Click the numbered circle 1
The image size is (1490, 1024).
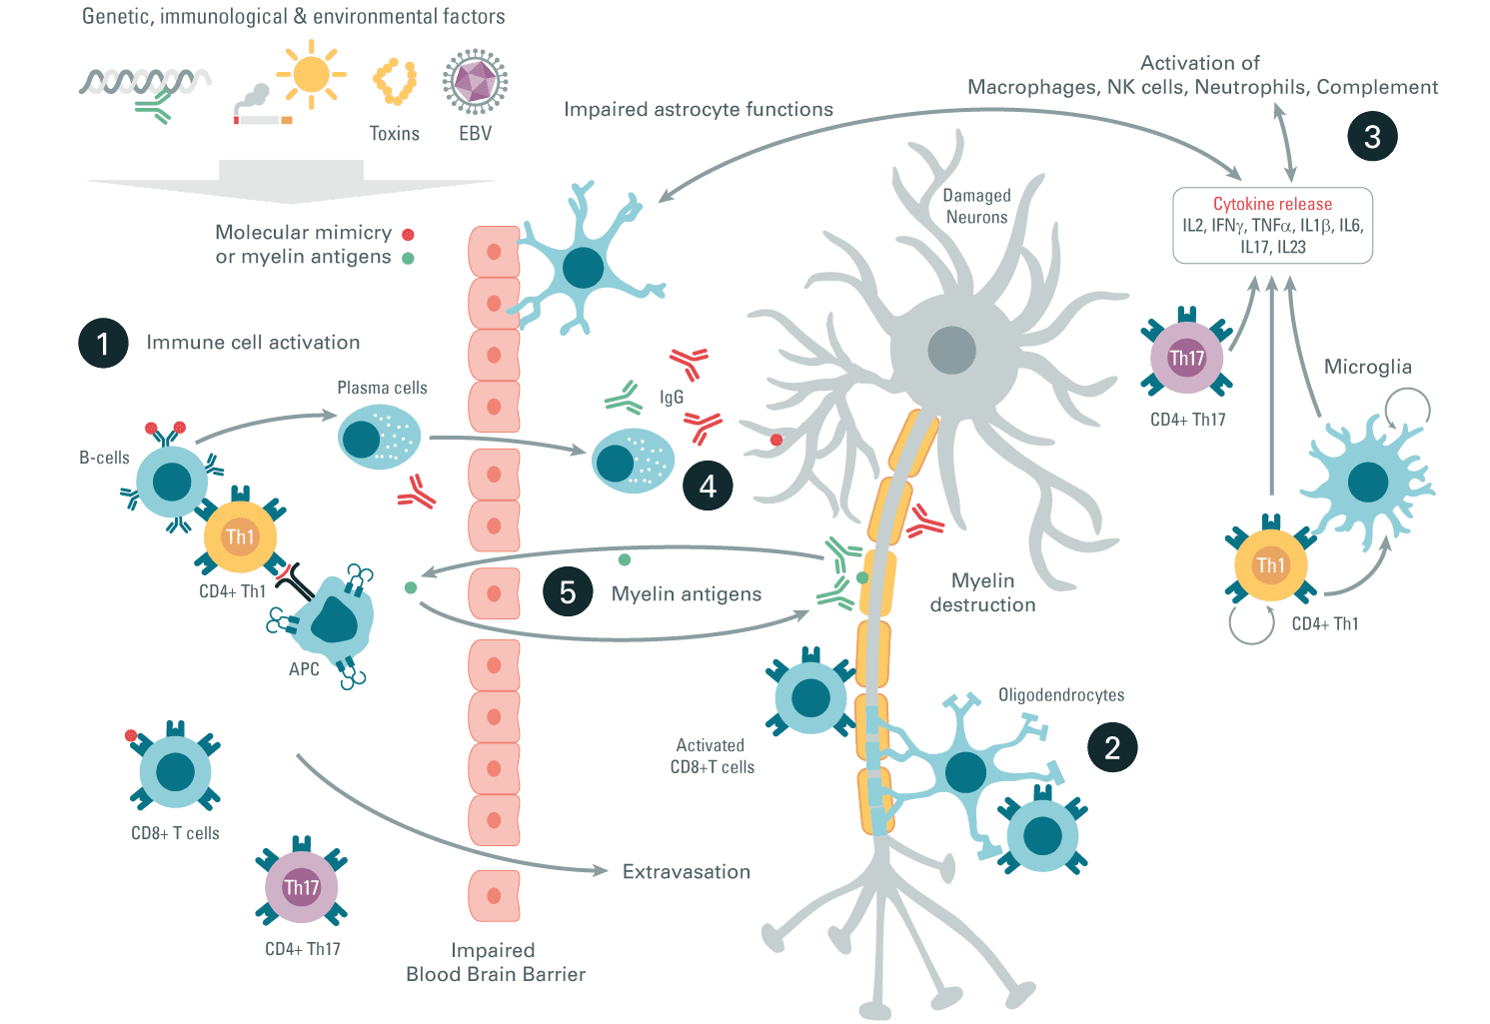point(103,343)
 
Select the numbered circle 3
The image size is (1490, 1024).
point(1372,136)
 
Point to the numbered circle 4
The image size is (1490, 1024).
point(708,486)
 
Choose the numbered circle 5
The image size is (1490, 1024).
point(568,591)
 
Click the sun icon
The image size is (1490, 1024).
point(311,74)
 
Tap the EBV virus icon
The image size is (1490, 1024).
point(475,81)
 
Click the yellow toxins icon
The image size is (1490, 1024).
point(395,82)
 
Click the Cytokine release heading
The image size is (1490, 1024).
point(1272,204)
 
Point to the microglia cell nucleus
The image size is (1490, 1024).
point(1368,483)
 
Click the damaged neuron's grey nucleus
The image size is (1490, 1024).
point(952,351)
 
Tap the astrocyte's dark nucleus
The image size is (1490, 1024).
point(583,268)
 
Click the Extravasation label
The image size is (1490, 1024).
point(687,872)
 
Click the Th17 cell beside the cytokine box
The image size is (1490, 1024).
point(1186,358)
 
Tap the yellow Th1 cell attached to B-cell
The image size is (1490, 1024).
point(240,536)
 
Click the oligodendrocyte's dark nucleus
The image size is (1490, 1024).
point(965,772)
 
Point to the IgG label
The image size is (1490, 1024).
point(672,397)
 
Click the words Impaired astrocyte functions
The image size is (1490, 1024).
point(699,109)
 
